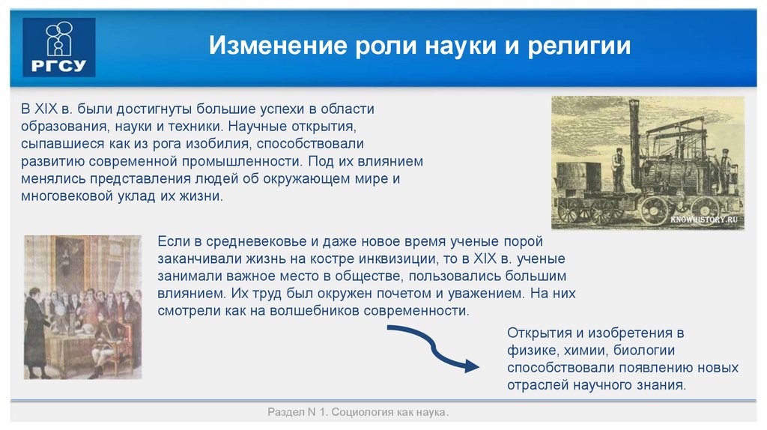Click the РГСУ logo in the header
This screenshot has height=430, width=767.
point(59,47)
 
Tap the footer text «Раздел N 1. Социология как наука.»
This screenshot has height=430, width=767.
point(358,413)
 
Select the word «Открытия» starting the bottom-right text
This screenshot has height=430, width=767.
point(533,332)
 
